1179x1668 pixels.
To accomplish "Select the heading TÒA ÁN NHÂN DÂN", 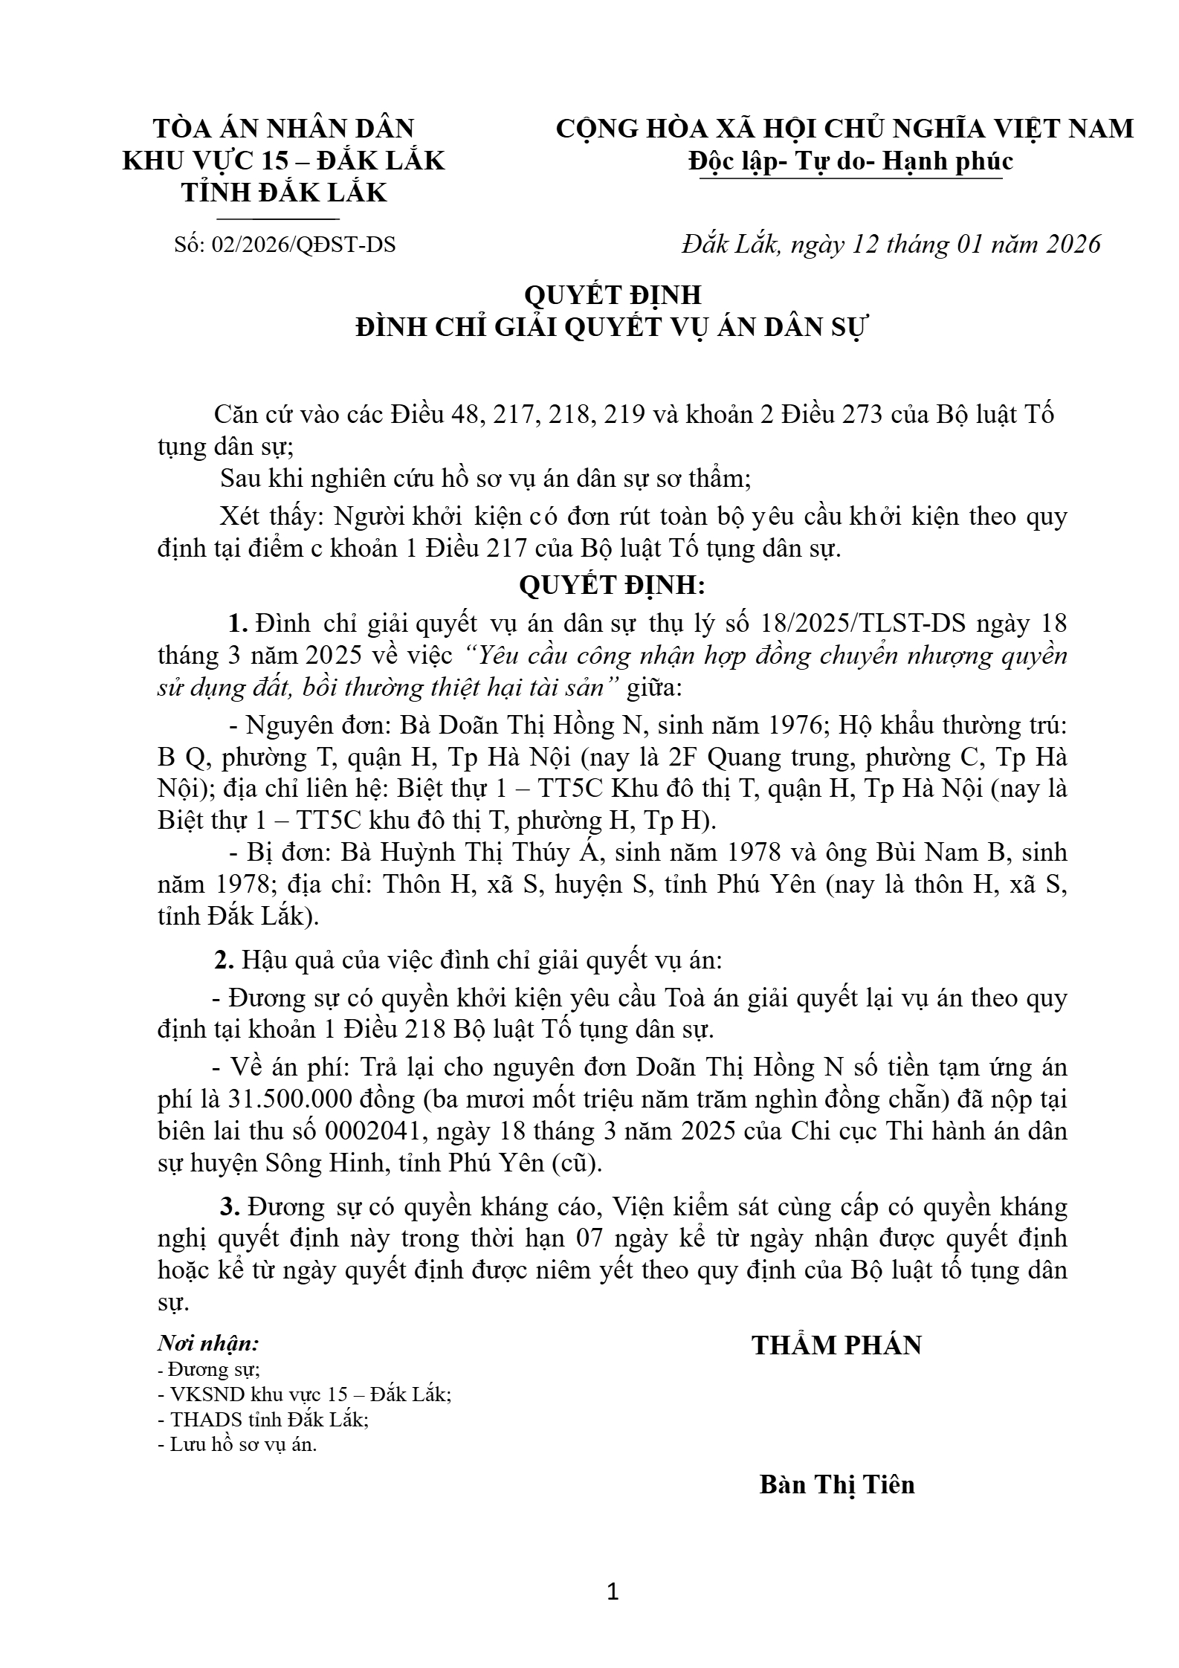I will (283, 129).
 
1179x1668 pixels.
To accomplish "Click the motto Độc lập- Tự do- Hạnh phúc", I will (850, 161).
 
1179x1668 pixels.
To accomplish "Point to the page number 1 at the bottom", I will (613, 1592).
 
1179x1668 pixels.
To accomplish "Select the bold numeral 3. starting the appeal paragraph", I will (229, 1207).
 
